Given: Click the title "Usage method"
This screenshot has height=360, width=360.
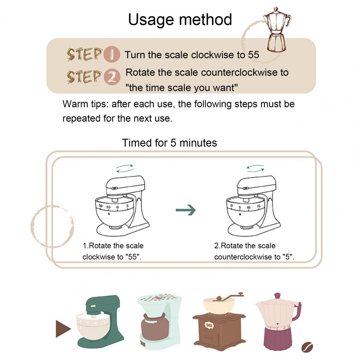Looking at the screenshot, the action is (x=180, y=19).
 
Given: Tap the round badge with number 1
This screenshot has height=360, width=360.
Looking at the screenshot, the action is (x=111, y=54).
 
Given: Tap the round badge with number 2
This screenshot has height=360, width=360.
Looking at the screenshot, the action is (x=112, y=77).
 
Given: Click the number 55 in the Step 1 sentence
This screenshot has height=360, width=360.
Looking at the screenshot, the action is (x=254, y=55).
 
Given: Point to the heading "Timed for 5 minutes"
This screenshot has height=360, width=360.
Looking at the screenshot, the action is (x=169, y=143).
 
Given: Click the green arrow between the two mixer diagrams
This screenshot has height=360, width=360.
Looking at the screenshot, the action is (x=186, y=210).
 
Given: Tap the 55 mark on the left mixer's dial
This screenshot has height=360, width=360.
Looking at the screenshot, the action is (x=108, y=207).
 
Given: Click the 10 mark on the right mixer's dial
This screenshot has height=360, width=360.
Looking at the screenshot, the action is (x=249, y=207).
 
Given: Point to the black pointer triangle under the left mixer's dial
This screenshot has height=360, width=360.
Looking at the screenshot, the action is (x=109, y=214).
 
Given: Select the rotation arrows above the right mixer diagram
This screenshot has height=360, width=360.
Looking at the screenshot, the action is (x=255, y=168).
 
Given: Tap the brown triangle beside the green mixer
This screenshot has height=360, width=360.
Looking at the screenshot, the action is (x=63, y=329).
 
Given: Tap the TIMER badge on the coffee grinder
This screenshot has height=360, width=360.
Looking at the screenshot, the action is (x=209, y=325).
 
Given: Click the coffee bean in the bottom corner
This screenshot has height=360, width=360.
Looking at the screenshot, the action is (x=307, y=347).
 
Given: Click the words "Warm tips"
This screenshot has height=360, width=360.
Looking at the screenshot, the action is (x=85, y=104).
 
